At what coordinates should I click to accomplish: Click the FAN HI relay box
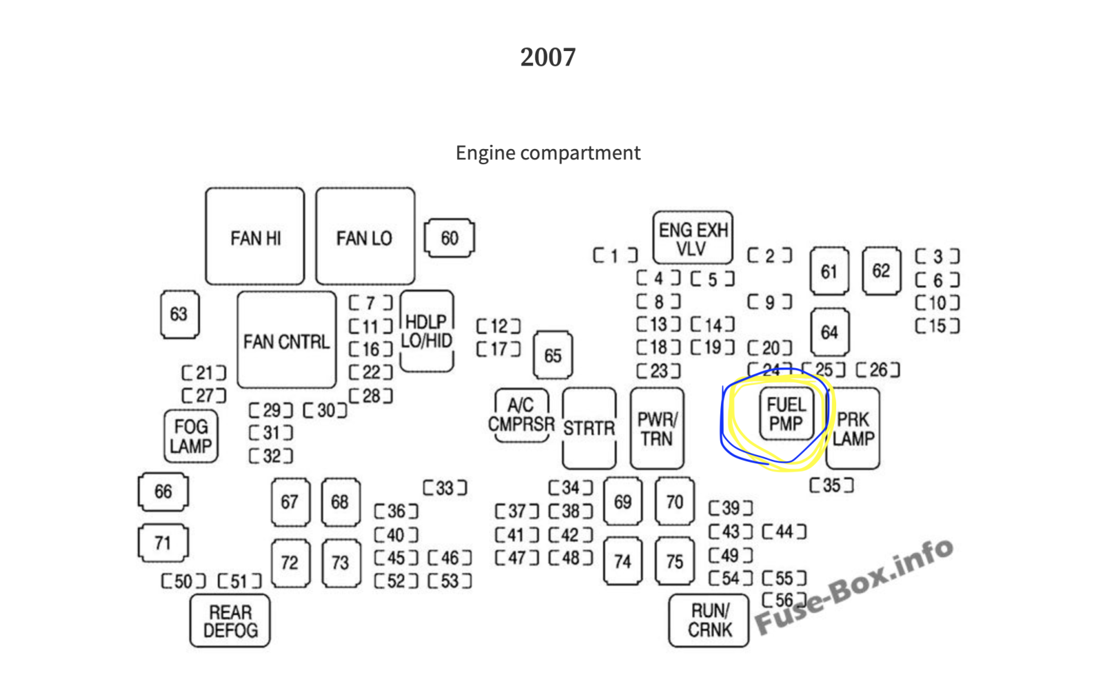click(255, 237)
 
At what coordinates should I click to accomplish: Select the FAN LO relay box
click(365, 237)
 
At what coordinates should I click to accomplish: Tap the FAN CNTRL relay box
click(287, 340)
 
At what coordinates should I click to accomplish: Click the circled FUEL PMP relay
click(787, 414)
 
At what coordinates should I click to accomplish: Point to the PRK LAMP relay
click(853, 428)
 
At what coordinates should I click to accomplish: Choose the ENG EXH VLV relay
click(693, 238)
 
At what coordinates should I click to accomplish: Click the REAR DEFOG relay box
click(230, 621)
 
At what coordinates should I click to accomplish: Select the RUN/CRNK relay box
click(709, 621)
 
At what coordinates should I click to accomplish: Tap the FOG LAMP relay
click(191, 436)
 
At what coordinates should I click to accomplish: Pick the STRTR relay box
click(589, 428)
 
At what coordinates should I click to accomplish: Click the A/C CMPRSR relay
click(521, 414)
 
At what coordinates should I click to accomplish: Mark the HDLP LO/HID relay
click(427, 331)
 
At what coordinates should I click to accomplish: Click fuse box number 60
click(449, 239)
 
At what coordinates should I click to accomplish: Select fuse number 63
click(180, 314)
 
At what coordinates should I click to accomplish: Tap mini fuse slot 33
click(445, 488)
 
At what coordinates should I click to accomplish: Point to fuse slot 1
click(615, 255)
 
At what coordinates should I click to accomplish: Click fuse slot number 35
click(831, 485)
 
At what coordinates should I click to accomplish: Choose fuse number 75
click(675, 561)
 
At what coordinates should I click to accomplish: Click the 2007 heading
click(548, 57)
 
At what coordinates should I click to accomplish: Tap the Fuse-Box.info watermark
click(854, 587)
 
